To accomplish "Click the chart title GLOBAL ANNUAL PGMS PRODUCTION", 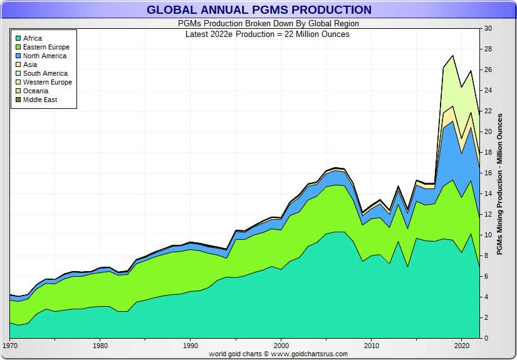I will pos(259,10).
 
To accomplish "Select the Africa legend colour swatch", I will pos(18,39).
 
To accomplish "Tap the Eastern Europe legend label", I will pos(46,48).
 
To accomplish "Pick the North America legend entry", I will pos(44,56).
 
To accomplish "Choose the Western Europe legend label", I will pos(48,83).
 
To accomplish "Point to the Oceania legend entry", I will pos(36,91).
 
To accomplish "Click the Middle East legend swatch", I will pos(18,100).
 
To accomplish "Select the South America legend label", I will pos(46,74).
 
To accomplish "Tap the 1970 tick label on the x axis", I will pos(10,346).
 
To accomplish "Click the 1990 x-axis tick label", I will pos(191,346).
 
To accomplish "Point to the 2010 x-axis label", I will pos(372,346).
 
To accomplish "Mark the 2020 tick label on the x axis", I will pos(462,346).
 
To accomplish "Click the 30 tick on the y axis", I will pos(488,29).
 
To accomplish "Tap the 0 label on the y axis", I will pos(486,339).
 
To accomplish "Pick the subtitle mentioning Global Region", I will pos(259,24).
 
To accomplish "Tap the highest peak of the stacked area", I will pos(452,55).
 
